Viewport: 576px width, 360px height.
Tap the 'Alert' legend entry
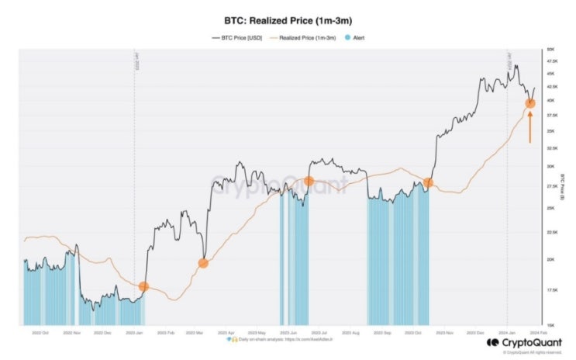tap(356, 36)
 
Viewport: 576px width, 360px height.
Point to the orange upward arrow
tap(530, 127)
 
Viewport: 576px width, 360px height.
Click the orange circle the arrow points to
tap(530, 103)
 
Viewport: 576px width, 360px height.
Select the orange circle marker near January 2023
tap(143, 286)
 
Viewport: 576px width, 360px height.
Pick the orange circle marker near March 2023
tap(203, 263)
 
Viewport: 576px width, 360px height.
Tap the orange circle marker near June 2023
tap(309, 181)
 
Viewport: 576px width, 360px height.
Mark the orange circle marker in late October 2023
tap(428, 182)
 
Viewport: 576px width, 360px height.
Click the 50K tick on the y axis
tap(551, 50)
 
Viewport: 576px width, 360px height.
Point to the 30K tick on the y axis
tap(551, 166)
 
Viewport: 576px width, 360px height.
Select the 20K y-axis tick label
tap(551, 259)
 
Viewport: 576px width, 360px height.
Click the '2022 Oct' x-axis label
tap(40, 332)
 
